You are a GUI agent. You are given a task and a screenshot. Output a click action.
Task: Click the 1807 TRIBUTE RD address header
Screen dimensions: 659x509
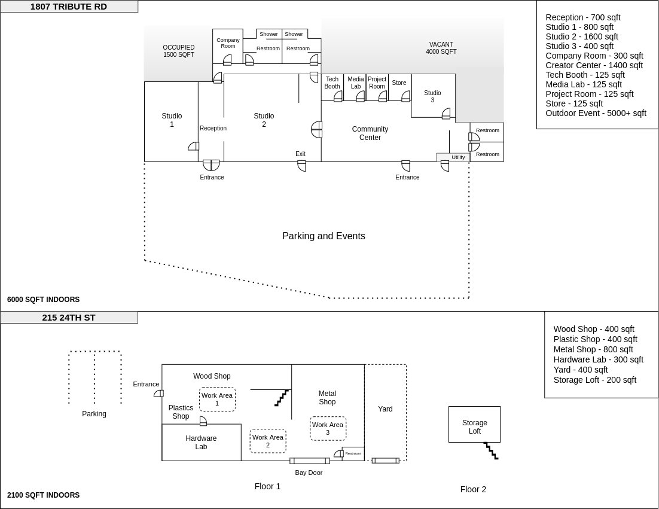pos(69,7)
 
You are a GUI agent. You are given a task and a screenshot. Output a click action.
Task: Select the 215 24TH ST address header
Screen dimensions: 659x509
pos(69,318)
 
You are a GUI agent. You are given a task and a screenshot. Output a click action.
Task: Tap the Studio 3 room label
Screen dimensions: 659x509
pos(432,96)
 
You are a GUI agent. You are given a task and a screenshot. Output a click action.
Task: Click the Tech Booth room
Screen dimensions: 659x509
pos(332,87)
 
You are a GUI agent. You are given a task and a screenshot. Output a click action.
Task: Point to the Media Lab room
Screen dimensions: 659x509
pos(355,87)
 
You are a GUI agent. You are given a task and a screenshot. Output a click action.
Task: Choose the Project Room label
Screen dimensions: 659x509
pos(377,83)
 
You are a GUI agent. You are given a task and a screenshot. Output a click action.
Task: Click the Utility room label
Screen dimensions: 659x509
pos(458,157)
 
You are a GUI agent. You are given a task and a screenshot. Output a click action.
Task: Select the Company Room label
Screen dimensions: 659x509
pos(228,43)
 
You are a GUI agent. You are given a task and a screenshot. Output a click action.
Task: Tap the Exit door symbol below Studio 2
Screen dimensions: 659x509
pos(301,166)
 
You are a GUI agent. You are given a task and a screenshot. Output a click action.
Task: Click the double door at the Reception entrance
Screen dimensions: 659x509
pos(211,164)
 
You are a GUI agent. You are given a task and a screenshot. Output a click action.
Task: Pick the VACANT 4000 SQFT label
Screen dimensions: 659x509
pos(441,48)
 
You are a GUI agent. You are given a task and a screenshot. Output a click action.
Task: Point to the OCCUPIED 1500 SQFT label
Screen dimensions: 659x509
pos(179,51)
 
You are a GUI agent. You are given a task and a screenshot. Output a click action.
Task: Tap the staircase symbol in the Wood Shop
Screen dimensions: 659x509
pos(282,398)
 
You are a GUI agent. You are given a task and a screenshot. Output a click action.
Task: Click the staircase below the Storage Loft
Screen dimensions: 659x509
pos(491,450)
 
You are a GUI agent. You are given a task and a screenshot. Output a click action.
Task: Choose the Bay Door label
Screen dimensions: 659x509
pos(309,473)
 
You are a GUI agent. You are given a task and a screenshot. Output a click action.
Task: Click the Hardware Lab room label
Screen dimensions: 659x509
pos(201,442)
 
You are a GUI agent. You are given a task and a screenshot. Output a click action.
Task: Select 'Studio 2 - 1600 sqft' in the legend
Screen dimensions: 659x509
pos(582,36)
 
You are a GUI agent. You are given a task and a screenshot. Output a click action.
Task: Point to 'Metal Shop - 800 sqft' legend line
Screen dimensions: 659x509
pos(593,349)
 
